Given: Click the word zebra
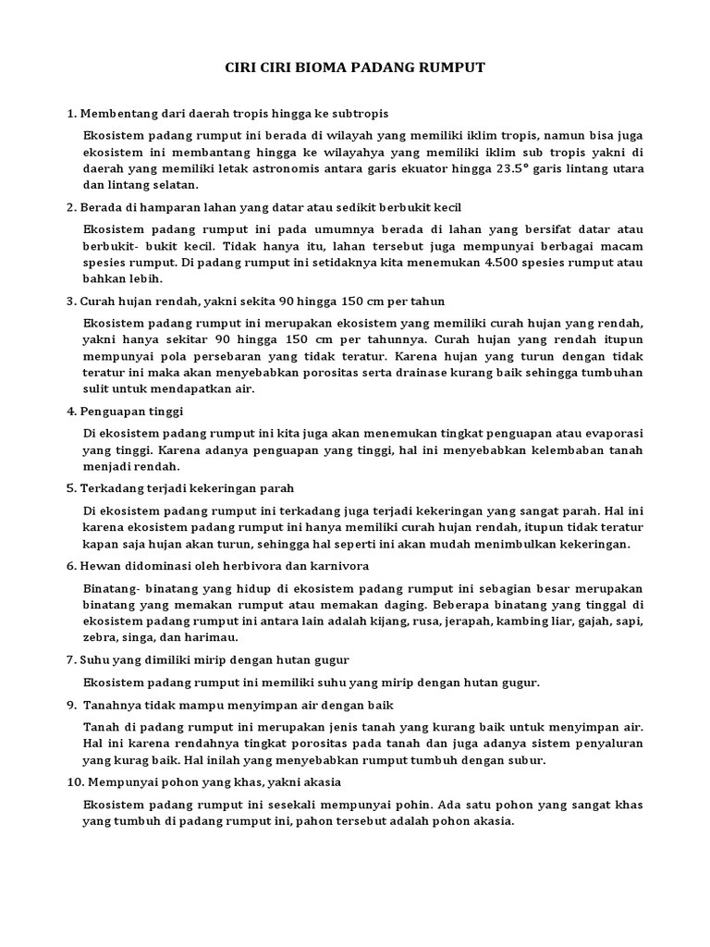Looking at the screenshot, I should [101, 637].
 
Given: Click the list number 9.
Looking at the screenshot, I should [70, 706].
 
